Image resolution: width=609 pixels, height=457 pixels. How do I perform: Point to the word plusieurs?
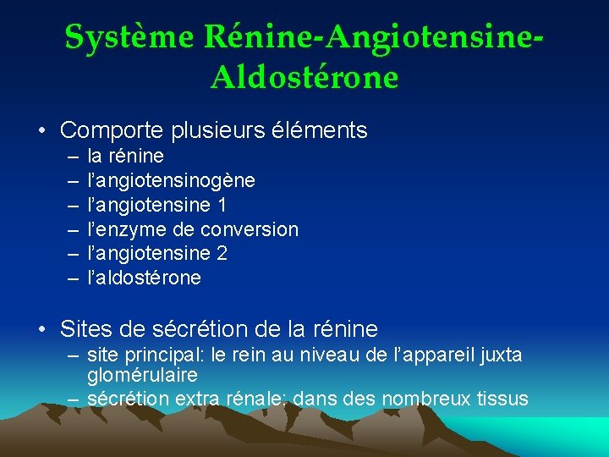coord(217,130)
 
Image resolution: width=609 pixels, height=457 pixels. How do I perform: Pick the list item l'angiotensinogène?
coord(172,181)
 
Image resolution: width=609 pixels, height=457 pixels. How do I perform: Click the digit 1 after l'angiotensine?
coord(222,205)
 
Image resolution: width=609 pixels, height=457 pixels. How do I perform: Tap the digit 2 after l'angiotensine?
coord(222,253)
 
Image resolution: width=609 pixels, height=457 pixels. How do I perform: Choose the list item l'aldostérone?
coord(145,278)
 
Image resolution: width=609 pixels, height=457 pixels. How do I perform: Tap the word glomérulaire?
coord(142,375)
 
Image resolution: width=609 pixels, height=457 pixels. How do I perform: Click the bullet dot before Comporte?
coord(41,131)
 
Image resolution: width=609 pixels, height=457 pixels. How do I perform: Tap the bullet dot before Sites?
coord(41,329)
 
